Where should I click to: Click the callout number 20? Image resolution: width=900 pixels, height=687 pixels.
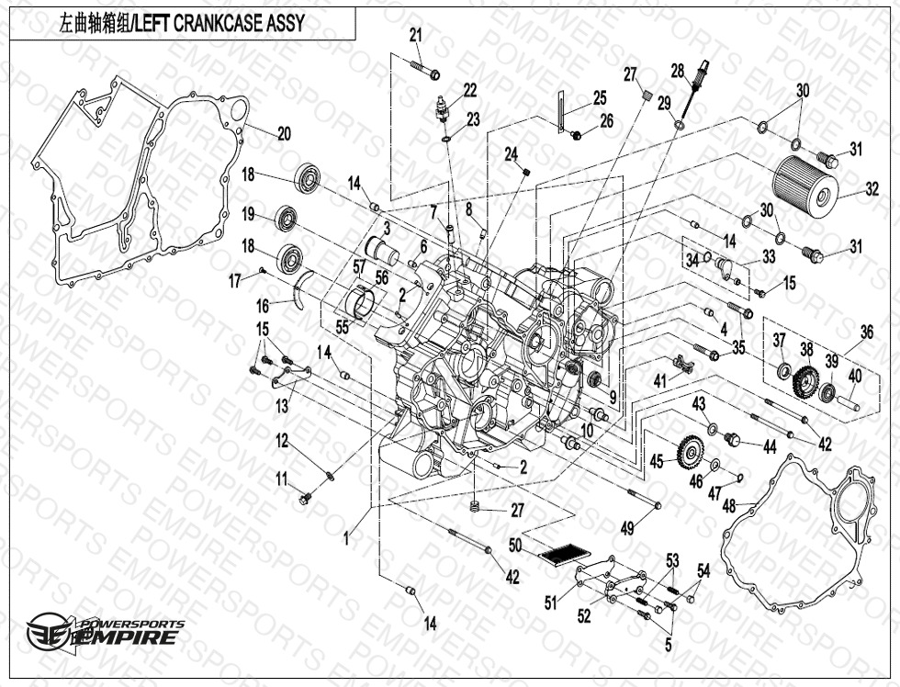[284, 133]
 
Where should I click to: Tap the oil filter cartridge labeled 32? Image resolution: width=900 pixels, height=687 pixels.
[805, 183]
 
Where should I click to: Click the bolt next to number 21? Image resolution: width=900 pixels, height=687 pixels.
[429, 72]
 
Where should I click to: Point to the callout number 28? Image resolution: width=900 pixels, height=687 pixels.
[677, 70]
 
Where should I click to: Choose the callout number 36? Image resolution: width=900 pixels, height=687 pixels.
[866, 332]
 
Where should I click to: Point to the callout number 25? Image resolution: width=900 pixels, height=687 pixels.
[599, 97]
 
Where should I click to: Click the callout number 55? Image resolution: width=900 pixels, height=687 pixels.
[342, 326]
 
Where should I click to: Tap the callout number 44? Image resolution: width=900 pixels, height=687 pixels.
[769, 447]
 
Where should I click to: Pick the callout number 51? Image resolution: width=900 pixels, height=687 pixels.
[551, 603]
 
